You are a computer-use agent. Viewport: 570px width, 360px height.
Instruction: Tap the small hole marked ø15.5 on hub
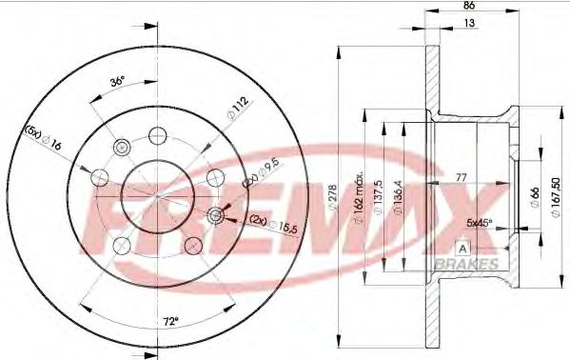click(x=216, y=216)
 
